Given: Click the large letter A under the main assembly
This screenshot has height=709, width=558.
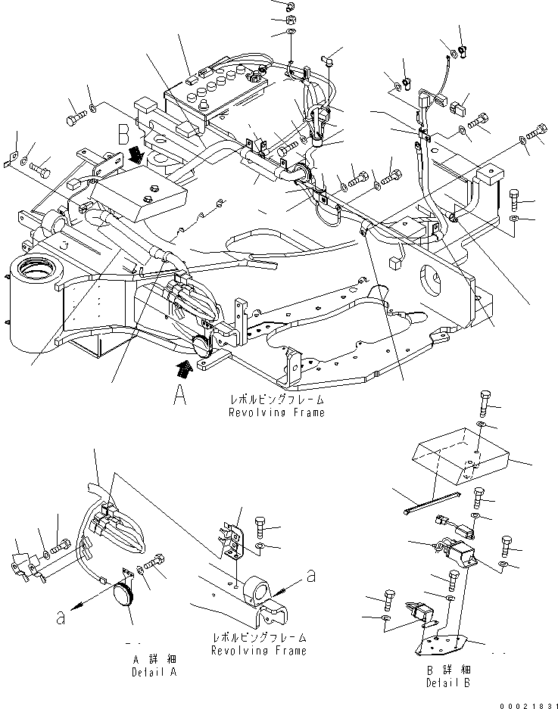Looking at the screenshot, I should pyautogui.click(x=179, y=395).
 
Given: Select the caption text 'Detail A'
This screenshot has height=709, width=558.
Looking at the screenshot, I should pyautogui.click(x=154, y=672).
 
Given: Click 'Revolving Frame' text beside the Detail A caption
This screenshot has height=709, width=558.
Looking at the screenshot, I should pyautogui.click(x=259, y=650).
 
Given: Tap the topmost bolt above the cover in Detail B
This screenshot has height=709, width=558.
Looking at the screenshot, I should pyautogui.click(x=486, y=400).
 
